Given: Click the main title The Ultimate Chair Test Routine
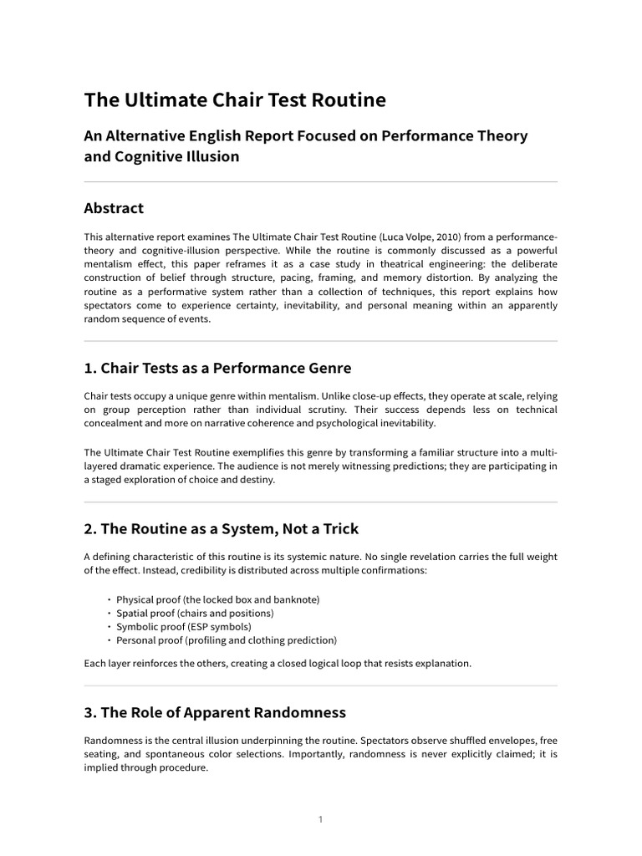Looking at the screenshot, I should [235, 100].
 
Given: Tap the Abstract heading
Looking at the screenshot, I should [114, 208].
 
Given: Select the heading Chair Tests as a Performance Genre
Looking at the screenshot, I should [217, 368].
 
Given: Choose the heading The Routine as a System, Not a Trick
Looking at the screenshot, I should [222, 528].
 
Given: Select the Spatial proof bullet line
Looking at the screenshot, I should [195, 613].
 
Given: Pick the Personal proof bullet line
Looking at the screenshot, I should [226, 640].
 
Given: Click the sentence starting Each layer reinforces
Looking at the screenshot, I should [278, 664].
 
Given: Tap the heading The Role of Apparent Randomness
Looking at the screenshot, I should [215, 713].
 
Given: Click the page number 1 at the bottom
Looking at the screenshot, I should [320, 819].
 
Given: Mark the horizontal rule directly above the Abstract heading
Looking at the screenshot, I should [320, 181].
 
